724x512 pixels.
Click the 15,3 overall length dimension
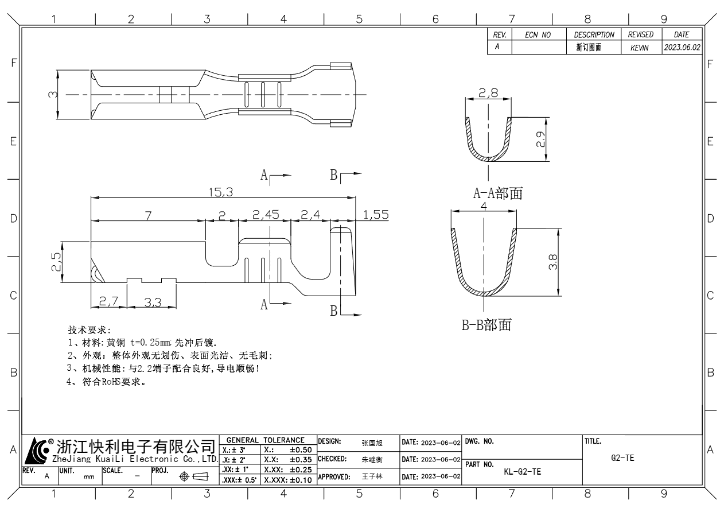[x=220, y=193]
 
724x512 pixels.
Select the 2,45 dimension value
[x=266, y=215]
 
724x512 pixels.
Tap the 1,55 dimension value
[x=376, y=215]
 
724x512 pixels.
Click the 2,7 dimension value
[x=108, y=302]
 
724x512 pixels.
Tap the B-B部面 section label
[x=486, y=325]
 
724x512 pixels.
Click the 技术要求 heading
[x=86, y=331]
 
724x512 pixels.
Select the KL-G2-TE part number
[x=522, y=472]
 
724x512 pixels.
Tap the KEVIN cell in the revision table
[x=639, y=48]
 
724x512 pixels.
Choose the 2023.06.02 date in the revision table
[x=682, y=48]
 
